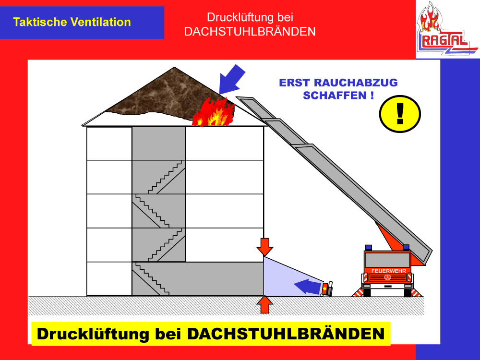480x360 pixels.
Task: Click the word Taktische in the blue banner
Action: (40, 22)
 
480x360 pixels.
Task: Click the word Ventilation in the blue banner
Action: (101, 22)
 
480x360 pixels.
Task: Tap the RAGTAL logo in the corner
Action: (447, 29)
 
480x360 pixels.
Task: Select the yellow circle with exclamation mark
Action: (400, 114)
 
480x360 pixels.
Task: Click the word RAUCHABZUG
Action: (356, 83)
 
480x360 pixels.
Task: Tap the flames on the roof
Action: (214, 112)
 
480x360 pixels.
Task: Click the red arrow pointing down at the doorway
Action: (265, 247)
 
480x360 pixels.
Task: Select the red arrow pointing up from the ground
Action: (265, 304)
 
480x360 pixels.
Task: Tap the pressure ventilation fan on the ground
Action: (327, 288)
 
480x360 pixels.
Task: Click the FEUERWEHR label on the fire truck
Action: (388, 271)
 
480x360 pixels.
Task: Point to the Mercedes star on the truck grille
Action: (388, 277)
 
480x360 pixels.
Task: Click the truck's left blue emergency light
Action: (369, 247)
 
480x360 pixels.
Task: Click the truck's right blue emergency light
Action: (406, 247)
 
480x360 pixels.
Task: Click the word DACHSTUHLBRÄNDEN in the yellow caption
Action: (286, 334)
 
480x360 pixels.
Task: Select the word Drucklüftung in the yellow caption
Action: (93, 334)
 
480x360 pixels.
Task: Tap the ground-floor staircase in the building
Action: (152, 278)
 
